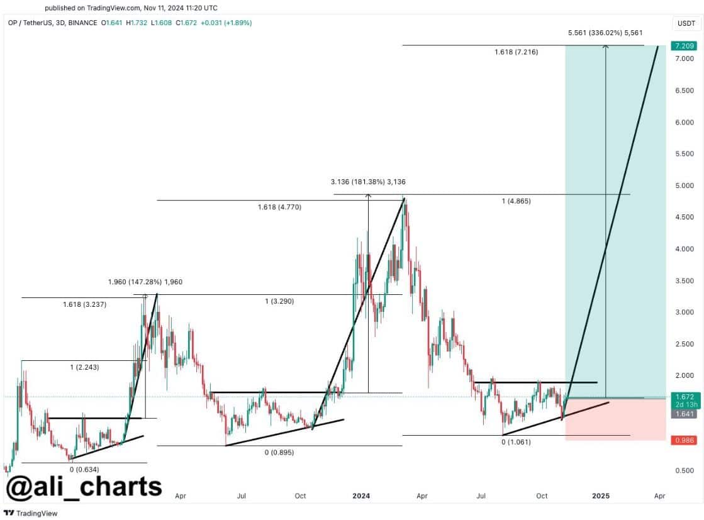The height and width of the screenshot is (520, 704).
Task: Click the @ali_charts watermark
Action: (x=84, y=486)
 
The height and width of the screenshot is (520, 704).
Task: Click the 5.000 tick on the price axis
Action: (x=683, y=185)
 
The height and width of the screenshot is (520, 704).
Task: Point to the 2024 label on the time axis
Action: (x=361, y=495)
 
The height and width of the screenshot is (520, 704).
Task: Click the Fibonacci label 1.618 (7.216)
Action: (x=516, y=52)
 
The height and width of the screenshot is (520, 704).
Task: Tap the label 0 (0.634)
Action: (x=84, y=469)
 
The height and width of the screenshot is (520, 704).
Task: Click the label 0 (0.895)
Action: (x=279, y=452)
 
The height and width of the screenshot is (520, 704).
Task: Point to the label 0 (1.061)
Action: (x=516, y=442)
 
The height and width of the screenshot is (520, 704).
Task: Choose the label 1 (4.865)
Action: (x=516, y=201)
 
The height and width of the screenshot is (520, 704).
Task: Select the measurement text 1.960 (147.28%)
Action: (x=145, y=282)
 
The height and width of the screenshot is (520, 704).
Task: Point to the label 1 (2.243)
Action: (x=84, y=367)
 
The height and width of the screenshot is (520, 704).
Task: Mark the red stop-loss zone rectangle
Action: (x=615, y=419)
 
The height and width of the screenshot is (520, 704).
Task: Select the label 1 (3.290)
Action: (x=279, y=301)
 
